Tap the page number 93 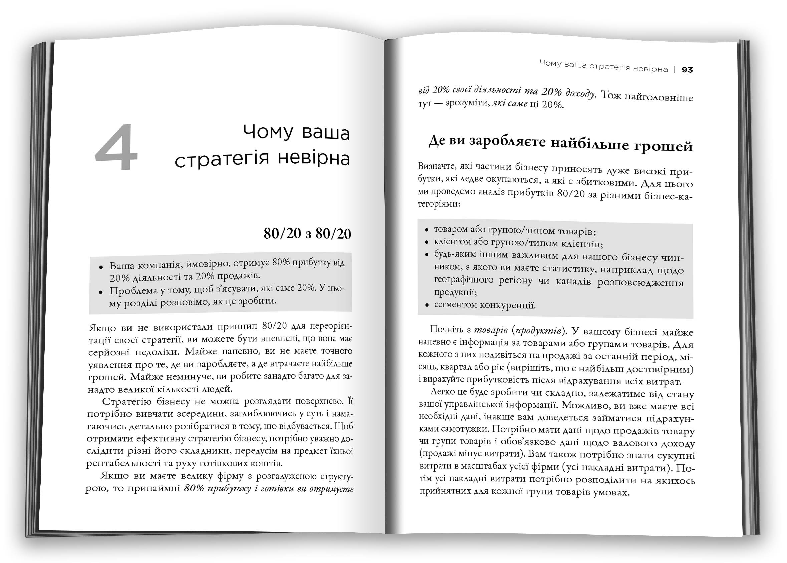[687, 70]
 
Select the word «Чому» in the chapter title [268, 132]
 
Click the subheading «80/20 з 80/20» [307, 234]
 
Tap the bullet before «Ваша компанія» [101, 267]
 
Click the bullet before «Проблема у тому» [101, 292]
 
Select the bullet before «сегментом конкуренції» [427, 305]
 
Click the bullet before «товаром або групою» [427, 230]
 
